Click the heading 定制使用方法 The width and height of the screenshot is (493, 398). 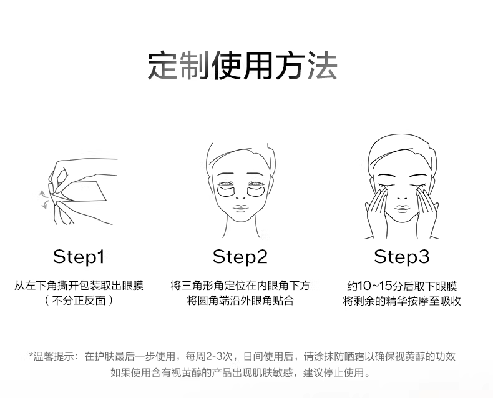[243, 65]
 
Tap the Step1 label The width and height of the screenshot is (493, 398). [79, 256]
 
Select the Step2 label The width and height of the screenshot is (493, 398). [240, 256]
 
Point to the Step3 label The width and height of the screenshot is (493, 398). [401, 256]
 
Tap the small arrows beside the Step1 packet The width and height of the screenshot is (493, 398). [43, 197]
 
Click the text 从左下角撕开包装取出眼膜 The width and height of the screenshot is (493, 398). [79, 286]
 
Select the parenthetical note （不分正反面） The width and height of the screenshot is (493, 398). [79, 301]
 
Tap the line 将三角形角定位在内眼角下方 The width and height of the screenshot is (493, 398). [240, 286]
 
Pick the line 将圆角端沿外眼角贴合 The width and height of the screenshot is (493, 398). [240, 301]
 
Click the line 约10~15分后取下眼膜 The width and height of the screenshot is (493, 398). [401, 286]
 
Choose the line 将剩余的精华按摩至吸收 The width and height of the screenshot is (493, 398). [401, 301]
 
